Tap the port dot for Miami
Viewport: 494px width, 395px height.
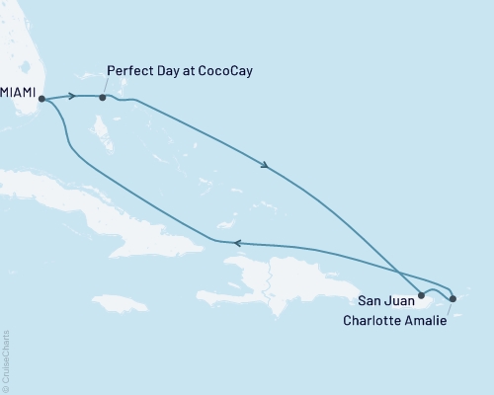tap(41, 98)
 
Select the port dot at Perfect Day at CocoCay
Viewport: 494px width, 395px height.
tap(103, 97)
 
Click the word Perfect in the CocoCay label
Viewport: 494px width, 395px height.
tap(127, 73)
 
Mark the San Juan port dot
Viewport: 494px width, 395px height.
tap(422, 294)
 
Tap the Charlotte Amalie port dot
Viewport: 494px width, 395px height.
tap(452, 298)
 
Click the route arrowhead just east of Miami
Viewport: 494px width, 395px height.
tap(72, 96)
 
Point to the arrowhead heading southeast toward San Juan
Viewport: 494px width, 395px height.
tap(265, 165)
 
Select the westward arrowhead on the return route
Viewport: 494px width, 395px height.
tap(235, 242)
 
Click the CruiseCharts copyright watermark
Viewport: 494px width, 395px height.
tap(6, 359)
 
